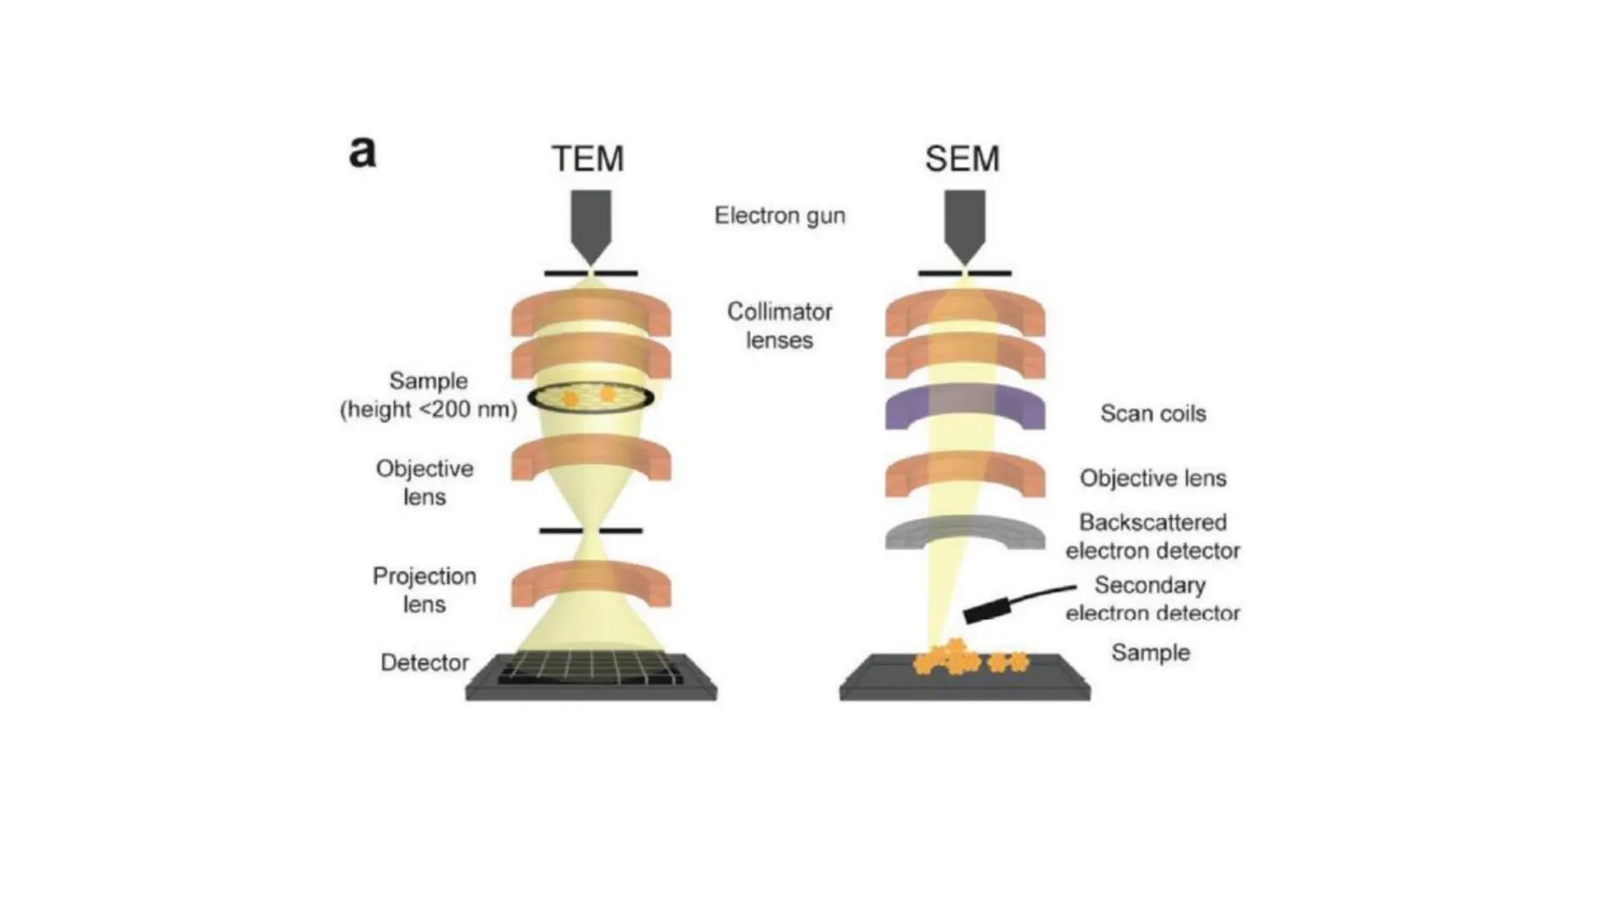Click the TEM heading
588,159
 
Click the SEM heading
962,159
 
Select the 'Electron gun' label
779,216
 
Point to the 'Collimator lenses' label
779,325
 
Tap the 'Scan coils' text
1152,413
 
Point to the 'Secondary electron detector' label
1151,599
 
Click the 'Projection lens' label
424,589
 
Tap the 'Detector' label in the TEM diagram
424,662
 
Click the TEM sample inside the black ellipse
591,396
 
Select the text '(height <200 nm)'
428,409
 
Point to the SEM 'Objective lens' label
1152,478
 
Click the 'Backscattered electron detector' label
1152,536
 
